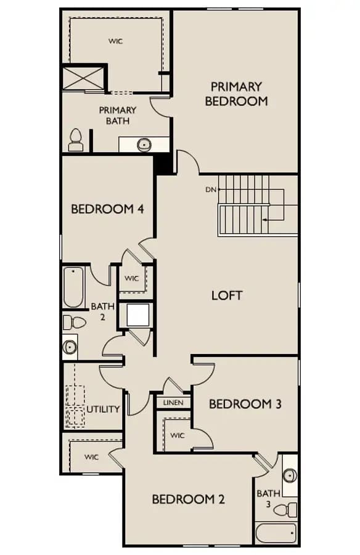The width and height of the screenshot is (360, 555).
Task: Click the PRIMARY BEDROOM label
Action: (x=236, y=94)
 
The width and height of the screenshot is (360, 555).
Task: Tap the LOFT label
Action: (x=227, y=295)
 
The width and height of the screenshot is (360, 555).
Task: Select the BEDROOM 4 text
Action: (x=107, y=209)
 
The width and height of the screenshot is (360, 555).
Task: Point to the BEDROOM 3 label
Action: (x=245, y=404)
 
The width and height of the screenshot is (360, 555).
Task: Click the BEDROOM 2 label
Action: (x=188, y=499)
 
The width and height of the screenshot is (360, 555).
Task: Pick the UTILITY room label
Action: (x=103, y=409)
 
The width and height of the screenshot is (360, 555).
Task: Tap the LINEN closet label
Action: (x=173, y=403)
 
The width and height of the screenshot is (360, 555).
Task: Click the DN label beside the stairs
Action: (x=211, y=190)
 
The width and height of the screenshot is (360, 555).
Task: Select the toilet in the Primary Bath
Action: (x=76, y=140)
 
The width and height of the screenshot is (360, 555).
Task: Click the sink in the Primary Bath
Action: (x=144, y=144)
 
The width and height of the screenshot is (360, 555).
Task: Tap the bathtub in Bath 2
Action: (x=73, y=287)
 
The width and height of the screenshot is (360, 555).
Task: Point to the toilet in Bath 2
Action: (x=75, y=323)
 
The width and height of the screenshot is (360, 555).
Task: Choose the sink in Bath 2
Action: (x=70, y=347)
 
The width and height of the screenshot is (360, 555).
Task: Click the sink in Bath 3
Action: (x=290, y=475)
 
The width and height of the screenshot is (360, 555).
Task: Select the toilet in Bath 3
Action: (x=285, y=510)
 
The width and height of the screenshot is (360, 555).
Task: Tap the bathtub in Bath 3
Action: (x=276, y=533)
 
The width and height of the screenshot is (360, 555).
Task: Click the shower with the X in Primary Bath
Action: (x=84, y=78)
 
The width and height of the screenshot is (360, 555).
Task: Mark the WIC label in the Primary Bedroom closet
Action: (x=116, y=41)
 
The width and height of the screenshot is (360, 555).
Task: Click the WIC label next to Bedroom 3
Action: (x=178, y=435)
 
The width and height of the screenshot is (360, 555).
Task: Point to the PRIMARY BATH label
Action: (x=118, y=115)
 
